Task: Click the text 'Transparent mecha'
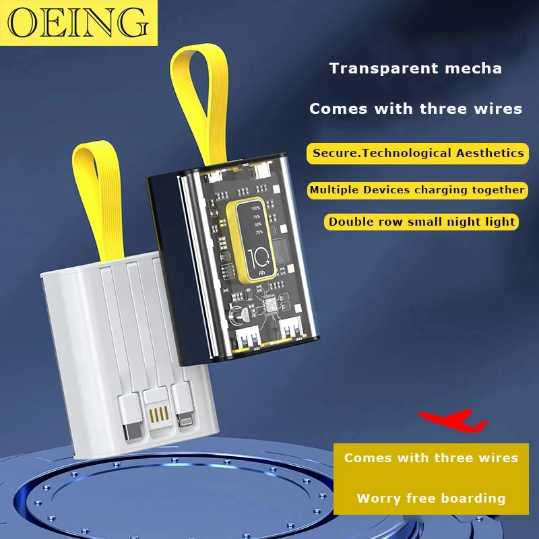point(415,68)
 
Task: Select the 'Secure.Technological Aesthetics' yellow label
point(418,153)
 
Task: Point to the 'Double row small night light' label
point(422,221)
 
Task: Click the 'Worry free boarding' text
point(431,499)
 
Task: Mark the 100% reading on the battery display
point(255,208)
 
